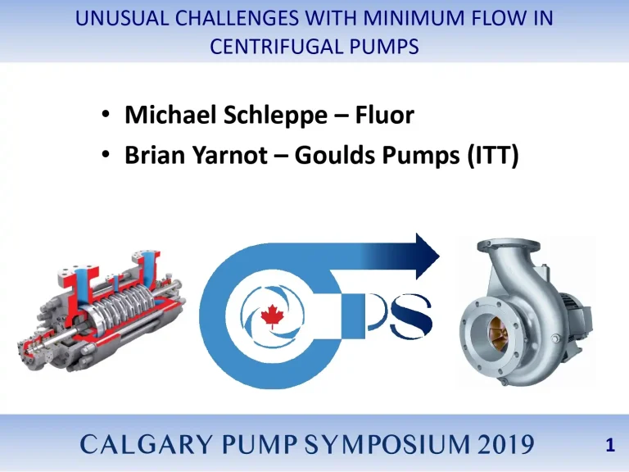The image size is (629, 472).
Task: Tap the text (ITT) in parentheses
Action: click(491, 155)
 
